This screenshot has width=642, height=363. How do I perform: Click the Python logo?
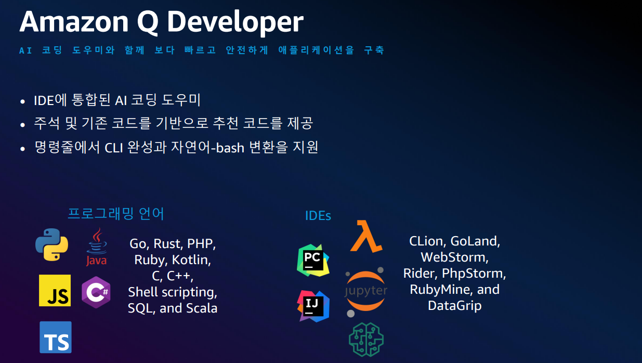[51, 244]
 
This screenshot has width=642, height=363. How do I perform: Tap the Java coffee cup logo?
[96, 247]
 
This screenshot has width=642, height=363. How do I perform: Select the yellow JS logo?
[55, 290]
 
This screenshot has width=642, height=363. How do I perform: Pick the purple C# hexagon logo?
[96, 292]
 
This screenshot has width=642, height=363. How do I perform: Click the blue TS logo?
[56, 337]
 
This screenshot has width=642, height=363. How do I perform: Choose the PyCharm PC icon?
[313, 260]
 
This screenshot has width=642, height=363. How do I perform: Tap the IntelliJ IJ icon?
[313, 306]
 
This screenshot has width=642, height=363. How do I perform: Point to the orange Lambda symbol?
[366, 237]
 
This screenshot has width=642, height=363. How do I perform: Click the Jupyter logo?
[366, 291]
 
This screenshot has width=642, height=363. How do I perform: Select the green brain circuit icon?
[365, 339]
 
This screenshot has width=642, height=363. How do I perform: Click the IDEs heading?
[318, 215]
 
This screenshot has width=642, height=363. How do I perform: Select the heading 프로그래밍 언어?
[116, 213]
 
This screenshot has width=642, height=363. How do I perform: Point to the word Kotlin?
[191, 260]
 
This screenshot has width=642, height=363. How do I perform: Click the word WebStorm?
[454, 257]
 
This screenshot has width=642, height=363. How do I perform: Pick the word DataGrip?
[454, 305]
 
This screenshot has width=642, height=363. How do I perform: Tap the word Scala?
[201, 308]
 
